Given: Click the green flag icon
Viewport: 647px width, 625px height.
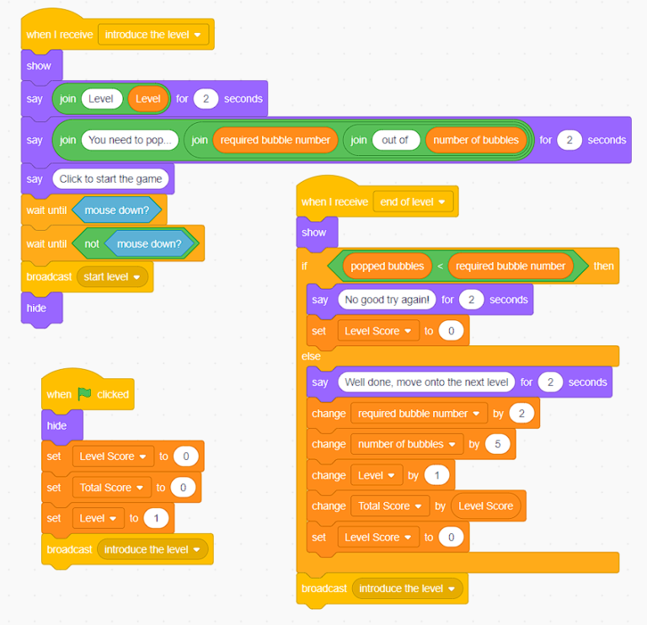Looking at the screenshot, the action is [x=84, y=394].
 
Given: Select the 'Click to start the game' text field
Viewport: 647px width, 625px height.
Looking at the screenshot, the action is [x=110, y=179].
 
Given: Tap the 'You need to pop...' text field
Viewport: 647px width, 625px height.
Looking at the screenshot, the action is [x=130, y=140].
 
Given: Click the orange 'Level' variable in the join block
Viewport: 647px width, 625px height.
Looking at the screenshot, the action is [x=147, y=99].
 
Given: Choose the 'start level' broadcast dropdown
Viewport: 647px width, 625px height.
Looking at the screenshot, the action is [x=112, y=277].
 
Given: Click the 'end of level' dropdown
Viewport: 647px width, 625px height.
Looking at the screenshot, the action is [x=413, y=201].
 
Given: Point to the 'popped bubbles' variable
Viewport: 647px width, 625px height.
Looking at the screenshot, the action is [x=387, y=266].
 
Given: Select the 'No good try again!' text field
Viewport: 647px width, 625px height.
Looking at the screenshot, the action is [x=387, y=300].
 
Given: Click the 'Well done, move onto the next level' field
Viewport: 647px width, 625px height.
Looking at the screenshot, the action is [x=426, y=382].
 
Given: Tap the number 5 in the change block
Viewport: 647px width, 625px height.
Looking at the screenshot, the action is [x=498, y=444].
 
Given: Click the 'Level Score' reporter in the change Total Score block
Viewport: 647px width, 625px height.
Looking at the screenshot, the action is [x=485, y=505].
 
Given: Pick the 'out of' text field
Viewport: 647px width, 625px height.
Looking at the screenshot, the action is [x=396, y=140].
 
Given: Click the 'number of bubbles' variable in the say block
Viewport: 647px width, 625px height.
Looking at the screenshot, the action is [x=476, y=140].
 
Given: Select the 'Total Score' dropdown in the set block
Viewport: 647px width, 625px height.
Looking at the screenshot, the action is [x=111, y=488].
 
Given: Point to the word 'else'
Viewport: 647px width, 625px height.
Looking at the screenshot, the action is [x=311, y=356].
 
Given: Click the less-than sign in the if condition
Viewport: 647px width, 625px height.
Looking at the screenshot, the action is [x=440, y=266].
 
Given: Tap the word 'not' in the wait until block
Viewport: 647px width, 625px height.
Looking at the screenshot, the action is [x=92, y=243].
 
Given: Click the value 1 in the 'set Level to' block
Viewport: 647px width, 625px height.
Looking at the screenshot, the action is [x=156, y=518].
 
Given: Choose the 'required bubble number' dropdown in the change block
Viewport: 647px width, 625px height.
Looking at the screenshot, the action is [x=419, y=414].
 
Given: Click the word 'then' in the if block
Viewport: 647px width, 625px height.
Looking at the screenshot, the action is [x=603, y=266].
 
